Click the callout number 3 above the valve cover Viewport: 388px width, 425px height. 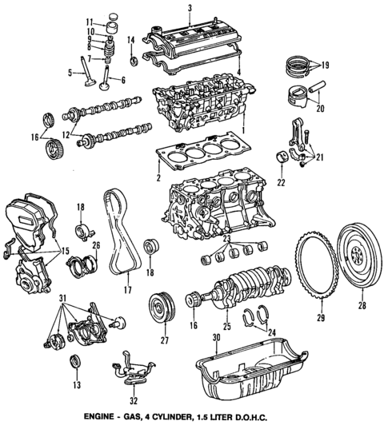tap(190, 8)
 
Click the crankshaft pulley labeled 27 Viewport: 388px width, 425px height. tap(161, 308)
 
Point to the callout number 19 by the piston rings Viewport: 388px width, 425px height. tap(324, 63)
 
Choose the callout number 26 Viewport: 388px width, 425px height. tap(95, 245)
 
